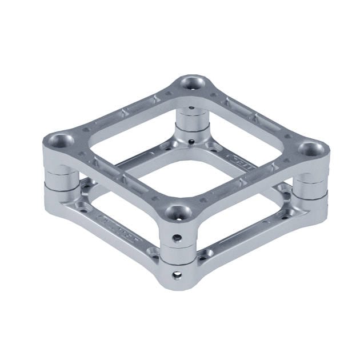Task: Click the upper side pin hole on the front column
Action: (178, 237)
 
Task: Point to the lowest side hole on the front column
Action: (177, 275)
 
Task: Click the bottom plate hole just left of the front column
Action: (153, 251)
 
